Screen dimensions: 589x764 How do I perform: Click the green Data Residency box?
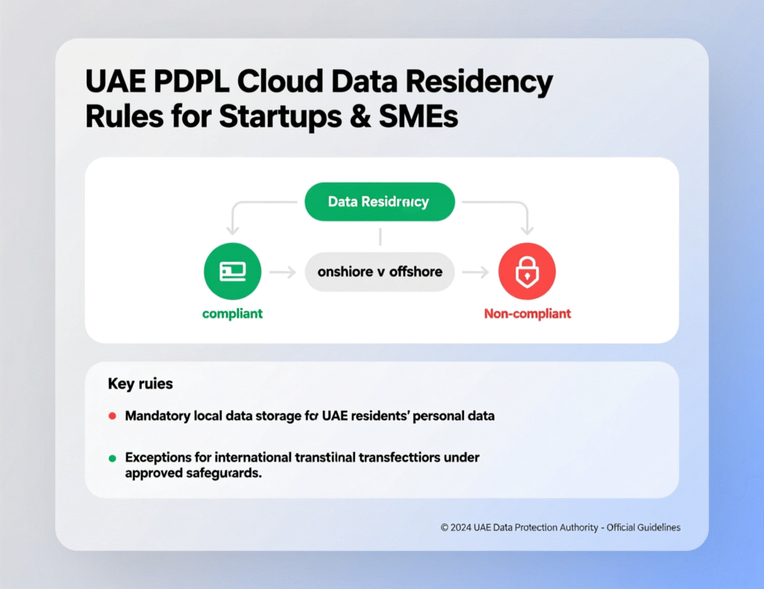380,201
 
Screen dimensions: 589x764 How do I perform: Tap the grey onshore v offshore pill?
380,271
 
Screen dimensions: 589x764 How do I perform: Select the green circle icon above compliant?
232,272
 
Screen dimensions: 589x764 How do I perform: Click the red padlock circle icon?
527,272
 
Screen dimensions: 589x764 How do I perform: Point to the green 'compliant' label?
232,314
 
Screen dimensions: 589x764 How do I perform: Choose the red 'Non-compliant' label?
527,314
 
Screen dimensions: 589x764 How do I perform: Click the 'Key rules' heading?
140,384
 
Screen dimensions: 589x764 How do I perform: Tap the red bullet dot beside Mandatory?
112,416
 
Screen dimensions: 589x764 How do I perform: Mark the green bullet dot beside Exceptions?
112,457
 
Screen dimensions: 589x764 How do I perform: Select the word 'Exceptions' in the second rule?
158,457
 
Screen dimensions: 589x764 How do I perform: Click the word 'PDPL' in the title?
184,82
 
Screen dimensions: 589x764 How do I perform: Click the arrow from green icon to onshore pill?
282,273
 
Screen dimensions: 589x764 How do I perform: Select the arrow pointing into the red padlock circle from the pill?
475,273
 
